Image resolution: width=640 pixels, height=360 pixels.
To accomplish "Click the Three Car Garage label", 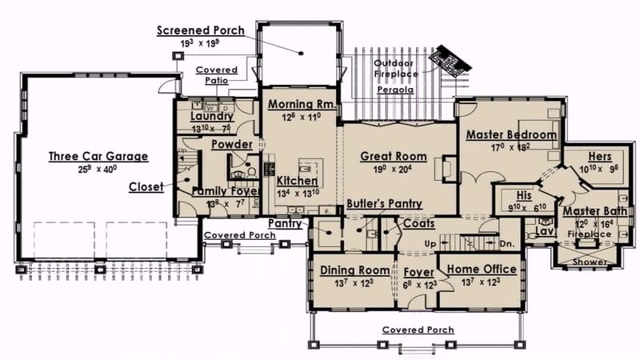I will (x=98, y=156).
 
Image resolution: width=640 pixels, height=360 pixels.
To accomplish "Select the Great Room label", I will (x=393, y=156).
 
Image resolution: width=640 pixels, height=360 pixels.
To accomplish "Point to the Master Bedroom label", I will (x=511, y=135).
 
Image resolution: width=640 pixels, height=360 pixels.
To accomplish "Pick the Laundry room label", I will (x=211, y=116).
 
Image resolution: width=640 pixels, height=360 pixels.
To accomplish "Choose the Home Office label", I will (x=481, y=270).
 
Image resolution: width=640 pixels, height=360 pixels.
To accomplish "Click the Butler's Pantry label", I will (x=383, y=204).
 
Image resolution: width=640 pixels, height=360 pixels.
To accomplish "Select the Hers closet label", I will (x=599, y=156).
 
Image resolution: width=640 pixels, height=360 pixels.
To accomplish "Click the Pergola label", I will (x=395, y=91).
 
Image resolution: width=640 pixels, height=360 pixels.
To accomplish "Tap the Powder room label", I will (x=232, y=145).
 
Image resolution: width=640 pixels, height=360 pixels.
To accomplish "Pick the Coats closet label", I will (x=418, y=225).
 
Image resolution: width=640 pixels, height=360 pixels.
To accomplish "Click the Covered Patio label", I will (x=216, y=74).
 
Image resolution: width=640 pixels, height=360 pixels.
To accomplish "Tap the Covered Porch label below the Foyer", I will (x=417, y=330).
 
